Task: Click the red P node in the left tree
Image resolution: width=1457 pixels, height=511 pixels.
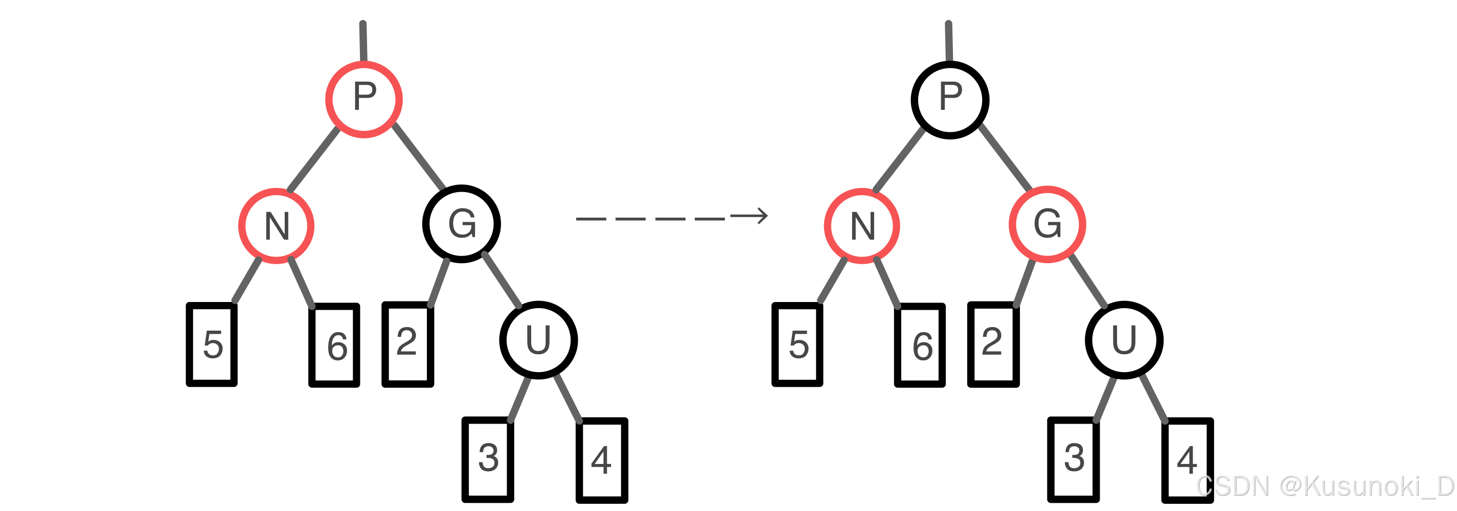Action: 363,99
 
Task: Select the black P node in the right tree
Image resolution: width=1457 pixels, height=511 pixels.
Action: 950,100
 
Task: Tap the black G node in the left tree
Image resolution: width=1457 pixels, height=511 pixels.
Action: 462,224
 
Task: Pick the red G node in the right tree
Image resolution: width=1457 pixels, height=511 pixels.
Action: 1047,224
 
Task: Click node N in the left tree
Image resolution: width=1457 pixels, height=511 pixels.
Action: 276,225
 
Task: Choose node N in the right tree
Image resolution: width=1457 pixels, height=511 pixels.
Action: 861,225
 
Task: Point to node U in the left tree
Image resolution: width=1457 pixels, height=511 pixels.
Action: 538,340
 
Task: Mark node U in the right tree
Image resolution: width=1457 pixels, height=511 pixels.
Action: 1124,340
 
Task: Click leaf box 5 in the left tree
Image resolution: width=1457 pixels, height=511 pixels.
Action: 212,345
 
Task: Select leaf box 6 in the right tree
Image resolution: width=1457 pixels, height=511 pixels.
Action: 920,345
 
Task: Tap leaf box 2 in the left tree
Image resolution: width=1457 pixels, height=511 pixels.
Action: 407,344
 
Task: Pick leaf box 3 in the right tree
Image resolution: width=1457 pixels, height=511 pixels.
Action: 1073,459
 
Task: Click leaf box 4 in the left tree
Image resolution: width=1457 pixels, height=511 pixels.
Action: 602,460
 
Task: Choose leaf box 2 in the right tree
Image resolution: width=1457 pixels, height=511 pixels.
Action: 993,344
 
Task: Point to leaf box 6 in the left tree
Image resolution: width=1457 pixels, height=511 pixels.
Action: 334,345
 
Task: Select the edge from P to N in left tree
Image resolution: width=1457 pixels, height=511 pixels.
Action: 314,159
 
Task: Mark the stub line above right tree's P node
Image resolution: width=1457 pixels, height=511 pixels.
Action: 948,41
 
